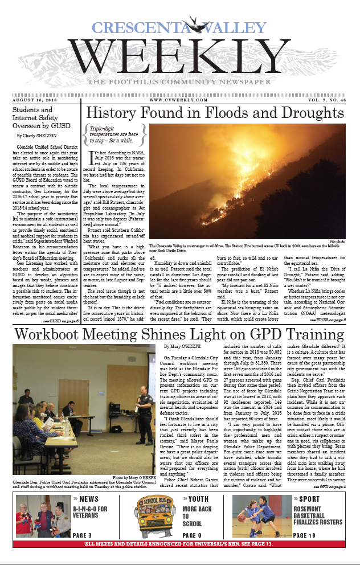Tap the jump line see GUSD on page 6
pos(60,321)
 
